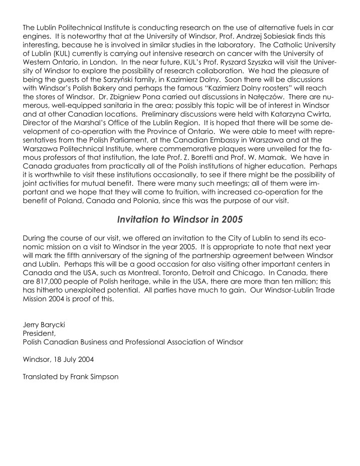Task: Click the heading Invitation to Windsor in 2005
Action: click(x=180, y=218)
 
